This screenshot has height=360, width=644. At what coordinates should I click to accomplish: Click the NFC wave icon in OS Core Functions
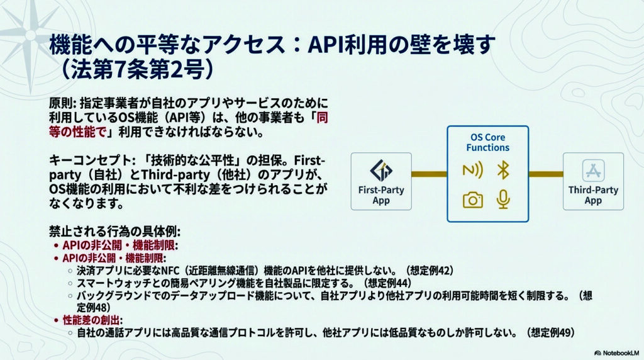coord(472,171)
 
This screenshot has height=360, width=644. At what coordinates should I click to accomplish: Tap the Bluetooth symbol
coord(502,170)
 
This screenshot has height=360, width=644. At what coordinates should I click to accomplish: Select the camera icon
coord(472,200)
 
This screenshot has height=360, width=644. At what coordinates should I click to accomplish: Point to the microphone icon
coord(502,199)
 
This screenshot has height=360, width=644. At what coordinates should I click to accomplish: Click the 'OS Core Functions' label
coord(487,142)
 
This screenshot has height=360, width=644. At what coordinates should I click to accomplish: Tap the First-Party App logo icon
coord(380,171)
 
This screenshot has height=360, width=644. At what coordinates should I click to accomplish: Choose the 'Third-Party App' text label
coord(593,195)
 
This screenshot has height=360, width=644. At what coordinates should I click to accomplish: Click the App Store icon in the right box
coord(593,171)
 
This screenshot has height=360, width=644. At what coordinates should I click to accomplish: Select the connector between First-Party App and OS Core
coord(429,173)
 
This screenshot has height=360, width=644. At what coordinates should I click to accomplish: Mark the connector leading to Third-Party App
coord(545,173)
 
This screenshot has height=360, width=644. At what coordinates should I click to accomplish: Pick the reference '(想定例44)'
coord(391,283)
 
